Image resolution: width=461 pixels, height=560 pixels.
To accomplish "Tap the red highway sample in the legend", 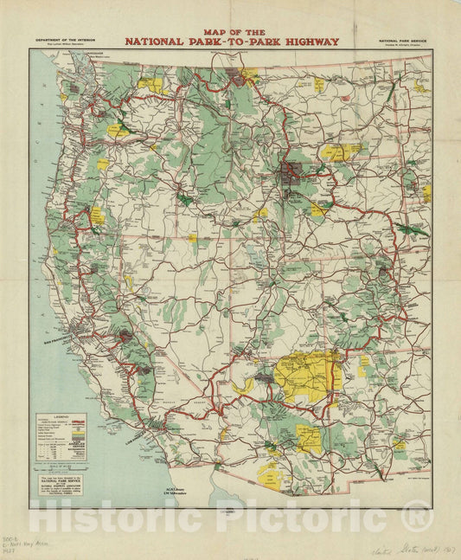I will (82, 422).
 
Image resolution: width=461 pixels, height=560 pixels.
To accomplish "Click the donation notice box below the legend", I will (66, 486).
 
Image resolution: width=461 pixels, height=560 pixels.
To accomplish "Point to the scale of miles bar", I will (66, 467).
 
